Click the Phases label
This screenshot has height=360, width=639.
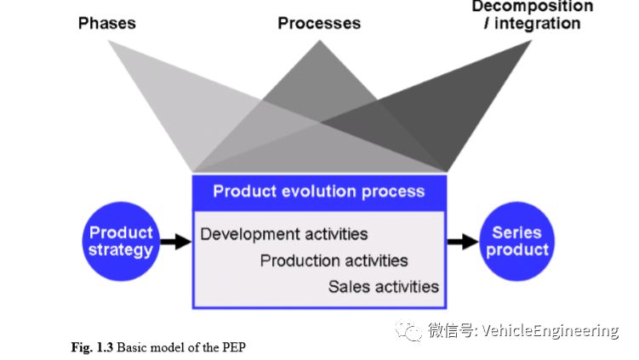point(106,23)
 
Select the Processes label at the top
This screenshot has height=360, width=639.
point(318,23)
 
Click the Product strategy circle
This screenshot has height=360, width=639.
point(121,241)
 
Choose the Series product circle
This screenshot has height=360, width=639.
point(517,241)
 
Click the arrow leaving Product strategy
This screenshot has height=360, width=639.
point(176,242)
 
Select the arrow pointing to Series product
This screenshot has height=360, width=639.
point(463,242)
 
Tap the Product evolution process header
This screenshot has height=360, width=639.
point(318,191)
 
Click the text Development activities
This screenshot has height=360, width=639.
point(284,233)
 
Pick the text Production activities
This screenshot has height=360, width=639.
point(334,260)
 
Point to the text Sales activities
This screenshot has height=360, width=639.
point(383,287)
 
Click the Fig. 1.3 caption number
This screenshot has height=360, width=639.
point(92,346)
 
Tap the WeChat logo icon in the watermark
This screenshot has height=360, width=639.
point(411,330)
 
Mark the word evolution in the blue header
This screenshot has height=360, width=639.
point(317,191)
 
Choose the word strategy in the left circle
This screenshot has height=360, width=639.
point(121,250)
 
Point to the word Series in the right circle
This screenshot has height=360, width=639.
point(517,232)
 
